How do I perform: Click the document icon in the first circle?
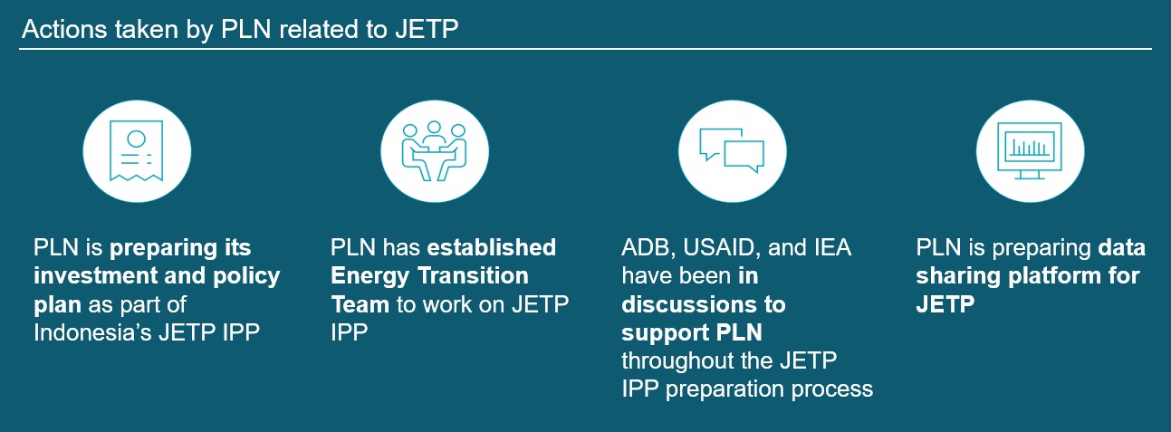tap(136, 150)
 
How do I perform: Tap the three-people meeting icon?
tap(434, 150)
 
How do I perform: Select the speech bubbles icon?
tap(732, 150)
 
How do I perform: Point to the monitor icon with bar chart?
tap(1030, 150)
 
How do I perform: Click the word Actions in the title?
tap(62, 29)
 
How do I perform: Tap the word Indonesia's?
tap(92, 332)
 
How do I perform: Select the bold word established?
tap(492, 247)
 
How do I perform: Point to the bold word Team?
tap(360, 304)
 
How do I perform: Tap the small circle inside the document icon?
tap(136, 139)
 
